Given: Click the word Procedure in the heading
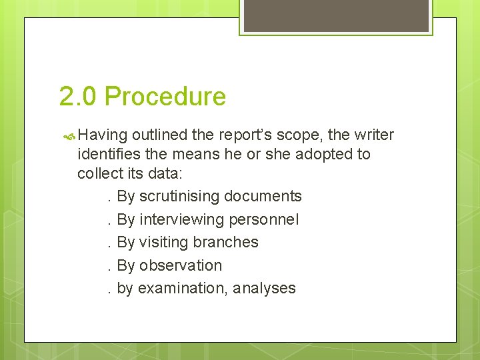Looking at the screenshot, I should tap(165, 97).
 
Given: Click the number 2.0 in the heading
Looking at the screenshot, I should tap(78, 97).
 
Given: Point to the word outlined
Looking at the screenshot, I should tap(159, 135).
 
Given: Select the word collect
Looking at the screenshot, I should tap(99, 173).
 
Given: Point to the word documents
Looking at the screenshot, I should tap(263, 197).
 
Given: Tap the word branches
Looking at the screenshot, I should tap(226, 242).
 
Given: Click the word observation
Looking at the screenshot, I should tap(180, 265).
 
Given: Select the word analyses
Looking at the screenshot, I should tap(265, 289).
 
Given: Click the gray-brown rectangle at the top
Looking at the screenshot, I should tap(336, 15).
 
